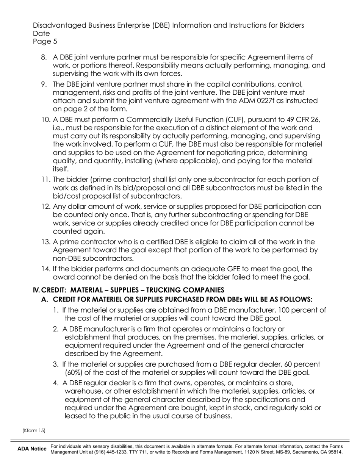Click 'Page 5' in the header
click(45, 42)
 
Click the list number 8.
click(44, 57)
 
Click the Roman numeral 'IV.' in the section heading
click(36, 290)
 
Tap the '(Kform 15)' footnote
click(34, 430)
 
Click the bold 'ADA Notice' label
click(32, 449)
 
